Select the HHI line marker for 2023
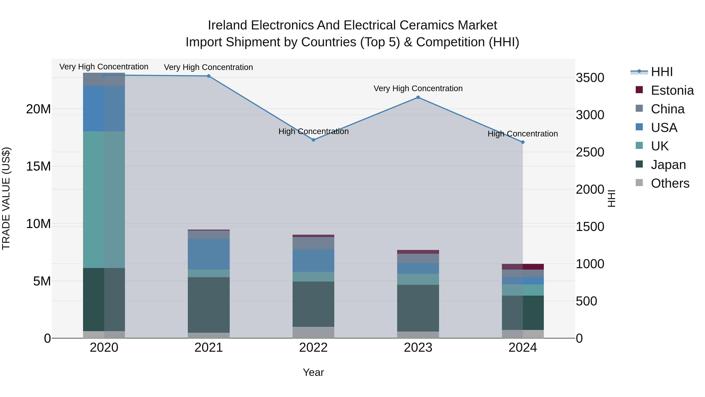[x=418, y=97]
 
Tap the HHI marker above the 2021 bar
[x=209, y=76]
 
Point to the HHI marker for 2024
[x=522, y=142]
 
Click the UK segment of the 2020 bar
[x=104, y=199]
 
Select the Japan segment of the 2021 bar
[x=209, y=305]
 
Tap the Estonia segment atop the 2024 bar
[x=522, y=267]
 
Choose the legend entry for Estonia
[x=672, y=90]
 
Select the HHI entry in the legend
[x=662, y=72]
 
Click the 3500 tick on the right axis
[x=590, y=78]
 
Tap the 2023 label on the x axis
[x=418, y=348]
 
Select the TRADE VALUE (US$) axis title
[x=6, y=199]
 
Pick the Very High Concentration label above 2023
[x=418, y=88]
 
